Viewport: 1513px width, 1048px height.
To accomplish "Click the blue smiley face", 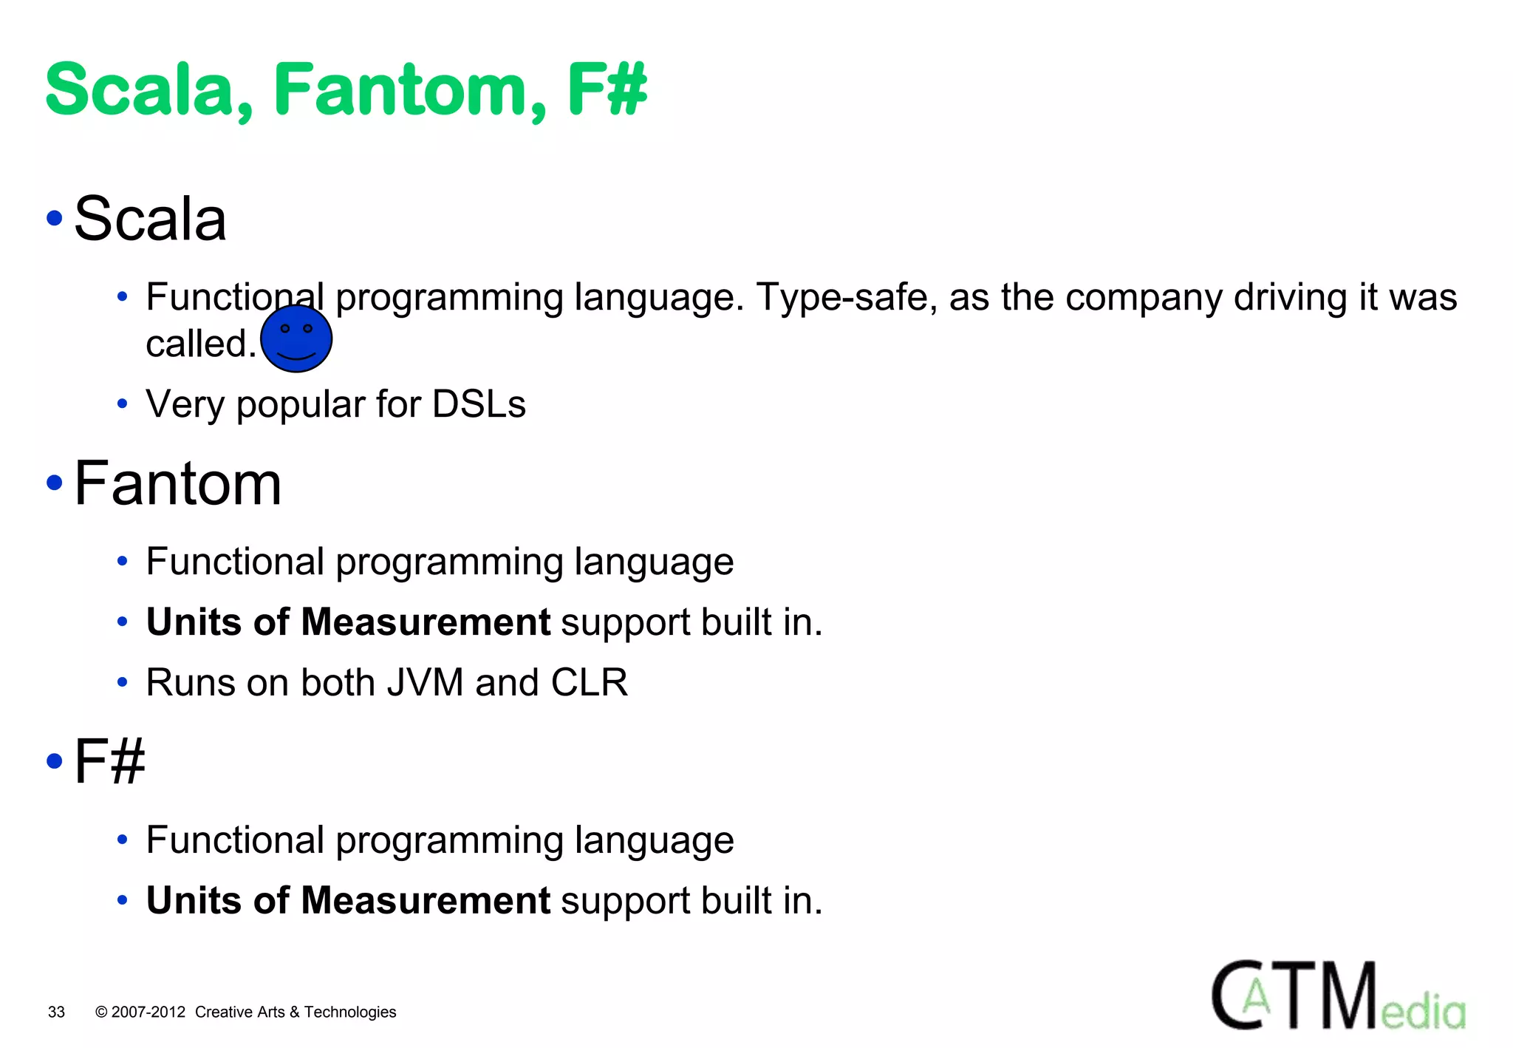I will [x=296, y=339].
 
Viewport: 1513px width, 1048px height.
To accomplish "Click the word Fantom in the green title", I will [x=410, y=90].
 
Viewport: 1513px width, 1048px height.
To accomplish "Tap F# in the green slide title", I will [x=607, y=90].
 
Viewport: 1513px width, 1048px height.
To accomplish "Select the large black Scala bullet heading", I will [x=150, y=219].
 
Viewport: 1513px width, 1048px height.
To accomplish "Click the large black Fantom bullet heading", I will [x=178, y=483].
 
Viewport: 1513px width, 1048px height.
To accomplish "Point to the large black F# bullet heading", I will [x=109, y=761].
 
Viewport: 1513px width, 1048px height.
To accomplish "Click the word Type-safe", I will [x=846, y=297].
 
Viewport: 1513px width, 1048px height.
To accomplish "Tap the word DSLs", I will [x=479, y=404].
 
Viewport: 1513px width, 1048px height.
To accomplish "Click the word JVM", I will [x=425, y=682].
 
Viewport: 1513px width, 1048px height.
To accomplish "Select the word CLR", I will [x=589, y=682].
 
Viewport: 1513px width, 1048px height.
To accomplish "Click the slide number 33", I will [x=56, y=1012].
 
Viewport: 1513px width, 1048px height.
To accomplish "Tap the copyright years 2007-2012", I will [x=148, y=1012].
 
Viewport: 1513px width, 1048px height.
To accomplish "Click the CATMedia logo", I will [x=1338, y=996].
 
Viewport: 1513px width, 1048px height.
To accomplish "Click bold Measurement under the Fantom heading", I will [x=426, y=622].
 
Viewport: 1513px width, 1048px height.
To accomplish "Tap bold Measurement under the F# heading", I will [x=426, y=900].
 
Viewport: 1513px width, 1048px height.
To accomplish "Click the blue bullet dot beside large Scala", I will [x=55, y=218].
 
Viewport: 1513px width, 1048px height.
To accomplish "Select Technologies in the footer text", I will [x=350, y=1012].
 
